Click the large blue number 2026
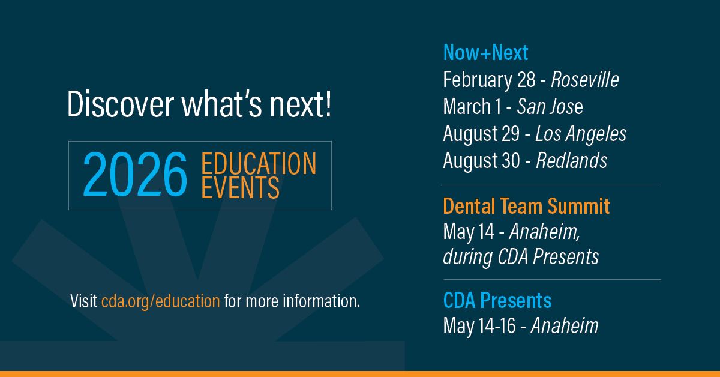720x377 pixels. pyautogui.click(x=135, y=175)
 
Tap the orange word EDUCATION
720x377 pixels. pyautogui.click(x=259, y=164)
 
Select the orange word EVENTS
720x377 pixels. pyautogui.click(x=240, y=188)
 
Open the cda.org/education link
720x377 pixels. pyautogui.click(x=160, y=300)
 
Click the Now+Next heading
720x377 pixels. pyautogui.click(x=485, y=53)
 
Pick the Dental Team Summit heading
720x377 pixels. pyautogui.click(x=526, y=207)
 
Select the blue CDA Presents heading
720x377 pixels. pyautogui.click(x=497, y=300)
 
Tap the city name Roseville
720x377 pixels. pyautogui.click(x=585, y=79)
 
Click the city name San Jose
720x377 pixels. pyautogui.click(x=550, y=106)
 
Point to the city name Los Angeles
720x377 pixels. pyautogui.click(x=580, y=133)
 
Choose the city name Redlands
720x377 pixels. pyautogui.click(x=571, y=160)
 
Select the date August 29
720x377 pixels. pyautogui.click(x=481, y=133)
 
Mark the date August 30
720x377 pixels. pyautogui.click(x=482, y=160)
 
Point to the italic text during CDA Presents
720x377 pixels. pyautogui.click(x=521, y=257)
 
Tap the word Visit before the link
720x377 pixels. pyautogui.click(x=83, y=300)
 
